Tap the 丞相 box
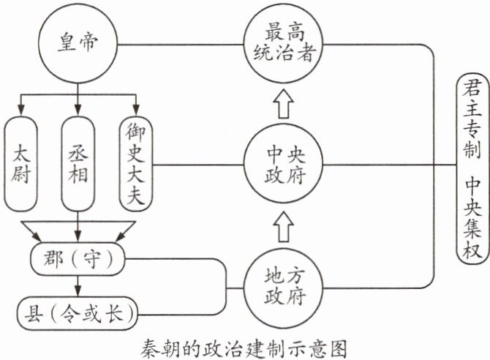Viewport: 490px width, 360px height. click(x=78, y=164)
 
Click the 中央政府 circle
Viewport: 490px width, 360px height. click(x=285, y=164)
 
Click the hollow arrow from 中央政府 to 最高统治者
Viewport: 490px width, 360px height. click(x=285, y=105)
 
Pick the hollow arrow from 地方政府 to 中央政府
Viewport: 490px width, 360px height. click(x=285, y=225)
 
